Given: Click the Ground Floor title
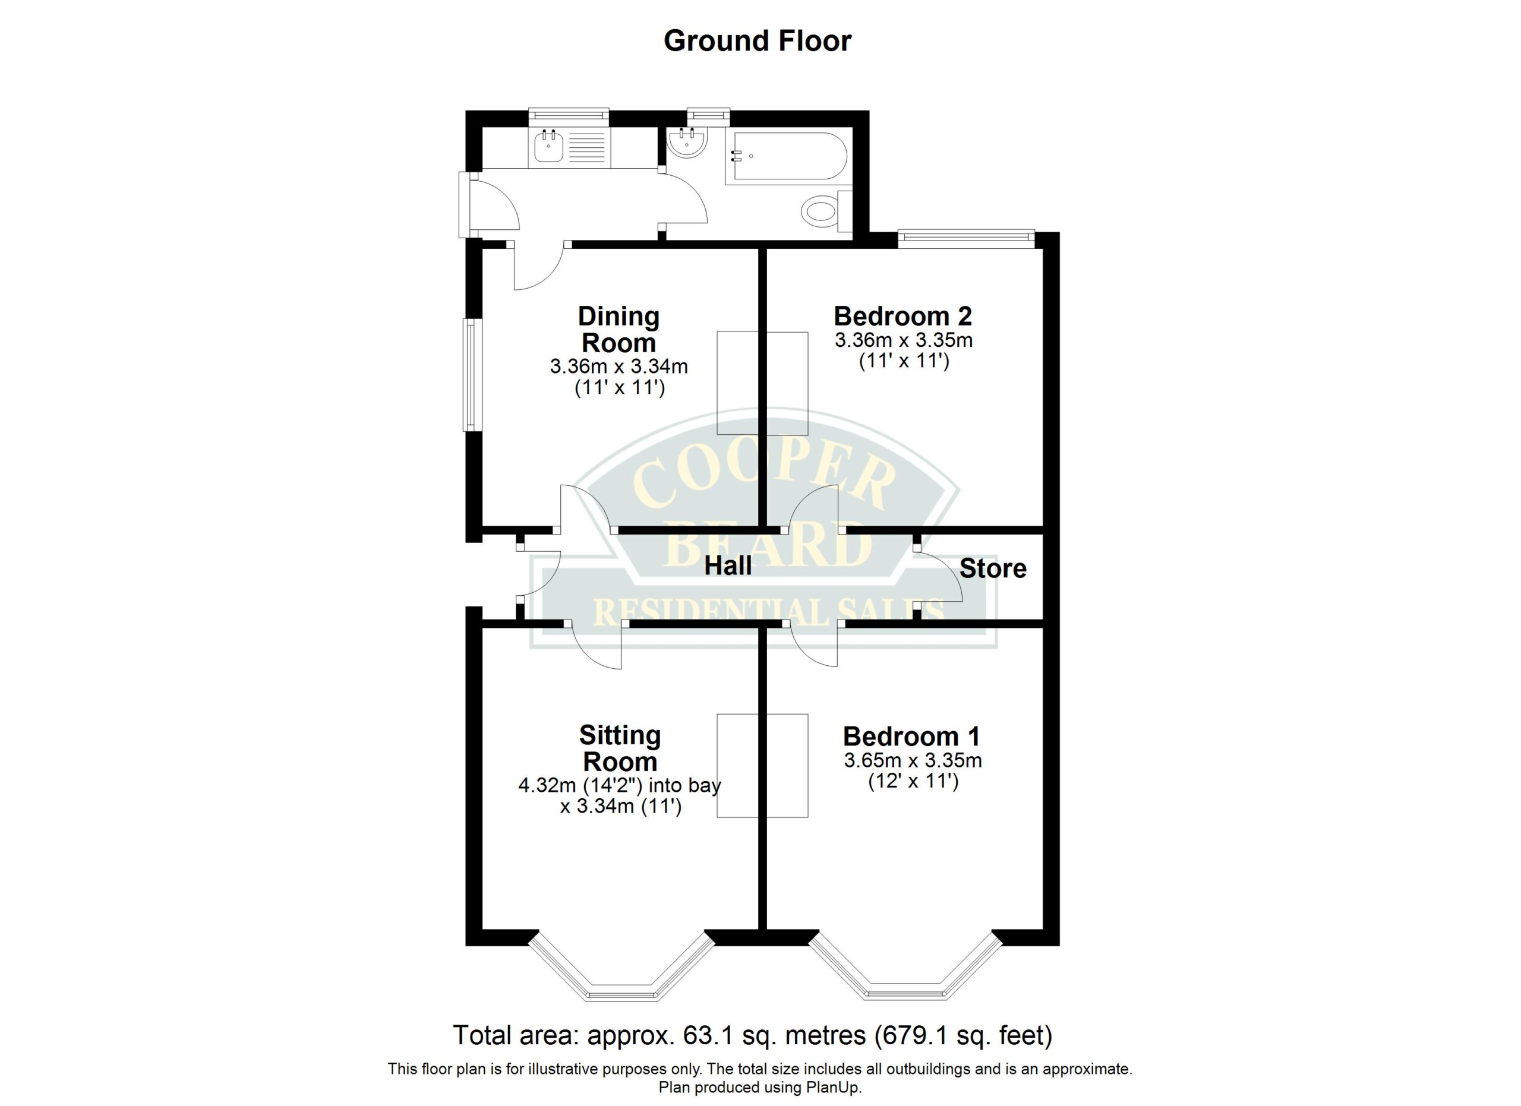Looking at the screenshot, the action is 757,42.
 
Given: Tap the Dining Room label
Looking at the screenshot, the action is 619,329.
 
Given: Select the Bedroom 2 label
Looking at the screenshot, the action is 902,316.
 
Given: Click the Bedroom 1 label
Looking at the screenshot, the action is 911,737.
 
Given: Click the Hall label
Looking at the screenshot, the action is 728,567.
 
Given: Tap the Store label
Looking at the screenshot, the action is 993,568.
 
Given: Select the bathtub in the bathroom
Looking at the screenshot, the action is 787,156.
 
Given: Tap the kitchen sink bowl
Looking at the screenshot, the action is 548,148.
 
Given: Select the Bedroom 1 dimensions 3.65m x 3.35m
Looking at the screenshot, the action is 913,760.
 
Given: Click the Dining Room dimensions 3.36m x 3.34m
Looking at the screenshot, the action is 619,366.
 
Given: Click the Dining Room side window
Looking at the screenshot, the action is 472,375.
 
